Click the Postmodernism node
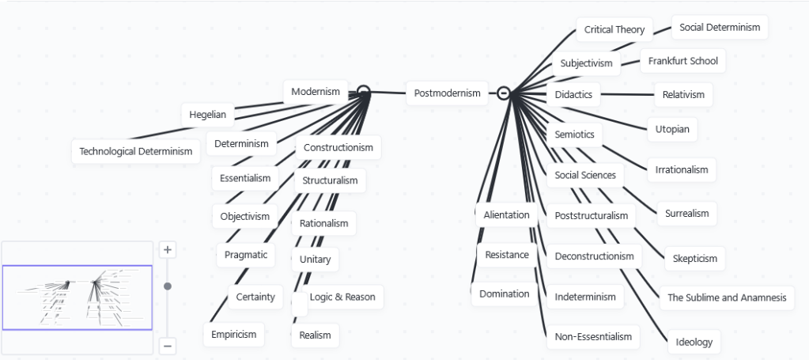pos(447,93)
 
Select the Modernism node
pos(316,92)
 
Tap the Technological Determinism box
pos(136,151)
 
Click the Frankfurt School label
pos(682,61)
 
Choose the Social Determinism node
pos(719,27)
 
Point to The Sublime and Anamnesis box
pos(727,297)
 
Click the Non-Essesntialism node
pos(593,336)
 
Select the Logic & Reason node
pos(342,297)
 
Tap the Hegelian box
pos(207,114)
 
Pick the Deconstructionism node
pos(594,256)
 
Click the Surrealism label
pos(686,213)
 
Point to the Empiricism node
pos(233,334)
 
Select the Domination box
pos(504,294)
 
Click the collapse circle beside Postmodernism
pos(503,93)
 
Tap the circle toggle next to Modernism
pos(363,92)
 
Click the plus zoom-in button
pos(168,250)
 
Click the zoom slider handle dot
pos(168,286)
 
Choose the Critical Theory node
pos(614,30)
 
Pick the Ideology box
pos(694,342)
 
